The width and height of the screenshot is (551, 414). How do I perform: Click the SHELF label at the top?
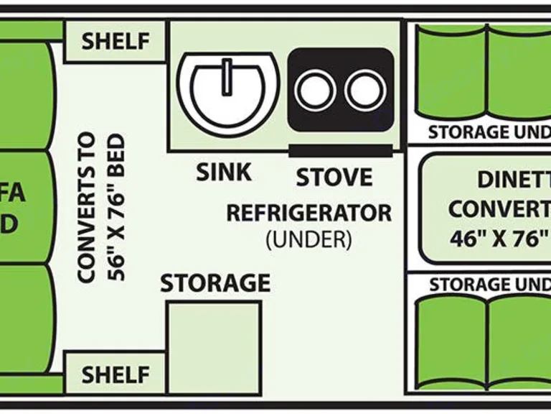(116, 42)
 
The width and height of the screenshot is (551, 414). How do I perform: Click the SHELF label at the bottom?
(116, 374)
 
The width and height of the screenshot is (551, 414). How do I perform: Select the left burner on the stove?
(314, 91)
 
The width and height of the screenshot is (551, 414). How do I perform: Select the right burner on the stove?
(365, 91)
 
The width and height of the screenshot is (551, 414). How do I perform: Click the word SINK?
(224, 172)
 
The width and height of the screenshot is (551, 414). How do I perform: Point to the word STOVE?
(334, 177)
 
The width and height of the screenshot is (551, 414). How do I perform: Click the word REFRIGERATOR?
(309, 213)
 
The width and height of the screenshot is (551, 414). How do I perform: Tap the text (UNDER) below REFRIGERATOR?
(309, 239)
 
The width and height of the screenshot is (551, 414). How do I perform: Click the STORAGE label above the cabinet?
(215, 283)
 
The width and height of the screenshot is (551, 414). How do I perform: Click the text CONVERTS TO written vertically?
(87, 208)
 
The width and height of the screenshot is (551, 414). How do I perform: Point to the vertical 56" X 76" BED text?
(116, 208)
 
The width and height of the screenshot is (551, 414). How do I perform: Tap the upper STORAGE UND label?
(489, 132)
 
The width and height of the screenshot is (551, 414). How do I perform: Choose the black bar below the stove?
(340, 150)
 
